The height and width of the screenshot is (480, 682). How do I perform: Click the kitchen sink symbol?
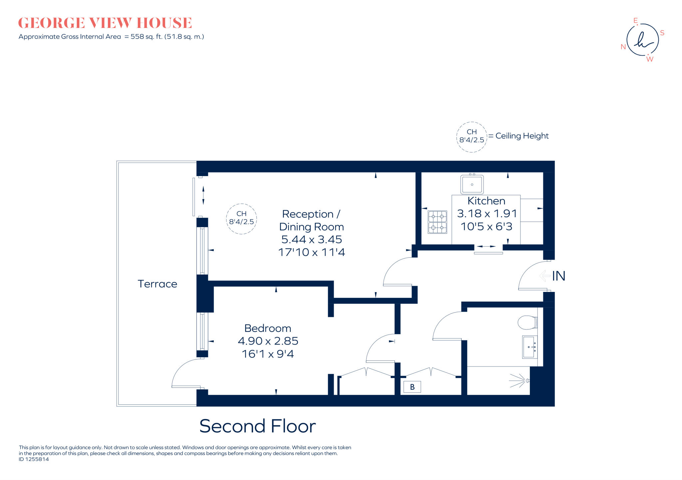[472, 184]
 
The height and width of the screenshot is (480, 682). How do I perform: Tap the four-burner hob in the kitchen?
[437, 222]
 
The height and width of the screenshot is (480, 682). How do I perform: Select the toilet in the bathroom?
[527, 322]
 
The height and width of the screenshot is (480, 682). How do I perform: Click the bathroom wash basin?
[529, 347]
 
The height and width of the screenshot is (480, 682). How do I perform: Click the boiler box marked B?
[412, 387]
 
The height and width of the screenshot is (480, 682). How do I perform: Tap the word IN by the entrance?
[558, 276]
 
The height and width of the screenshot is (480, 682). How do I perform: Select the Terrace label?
[157, 284]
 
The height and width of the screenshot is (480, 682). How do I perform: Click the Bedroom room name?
[268, 328]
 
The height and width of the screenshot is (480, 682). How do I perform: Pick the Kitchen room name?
[486, 201]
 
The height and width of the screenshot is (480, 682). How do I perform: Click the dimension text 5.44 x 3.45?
[311, 239]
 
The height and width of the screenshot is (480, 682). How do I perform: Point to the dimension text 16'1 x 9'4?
[268, 354]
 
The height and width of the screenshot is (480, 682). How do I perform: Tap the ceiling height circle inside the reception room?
[241, 219]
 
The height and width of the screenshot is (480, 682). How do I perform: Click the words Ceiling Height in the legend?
[522, 136]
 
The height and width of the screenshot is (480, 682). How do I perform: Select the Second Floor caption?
[257, 426]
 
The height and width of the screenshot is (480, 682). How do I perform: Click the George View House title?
[105, 23]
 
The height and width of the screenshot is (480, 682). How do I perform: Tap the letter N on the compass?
[623, 47]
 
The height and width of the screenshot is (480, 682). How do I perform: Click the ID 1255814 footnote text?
[34, 459]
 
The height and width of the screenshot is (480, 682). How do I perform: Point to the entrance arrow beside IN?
[544, 276]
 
